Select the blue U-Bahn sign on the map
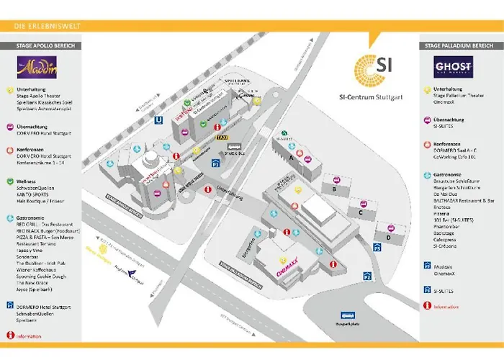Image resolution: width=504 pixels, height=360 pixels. [158, 120]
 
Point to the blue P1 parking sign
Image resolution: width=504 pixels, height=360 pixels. [215, 164]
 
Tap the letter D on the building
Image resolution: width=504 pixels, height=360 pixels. [388, 236]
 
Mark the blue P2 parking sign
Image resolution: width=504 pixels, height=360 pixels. [367, 276]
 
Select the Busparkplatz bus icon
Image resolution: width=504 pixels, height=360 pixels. [347, 315]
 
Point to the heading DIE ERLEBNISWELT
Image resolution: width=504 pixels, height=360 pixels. [48, 27]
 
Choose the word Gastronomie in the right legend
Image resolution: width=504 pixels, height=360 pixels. [450, 174]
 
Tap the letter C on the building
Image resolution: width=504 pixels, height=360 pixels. [359, 212]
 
